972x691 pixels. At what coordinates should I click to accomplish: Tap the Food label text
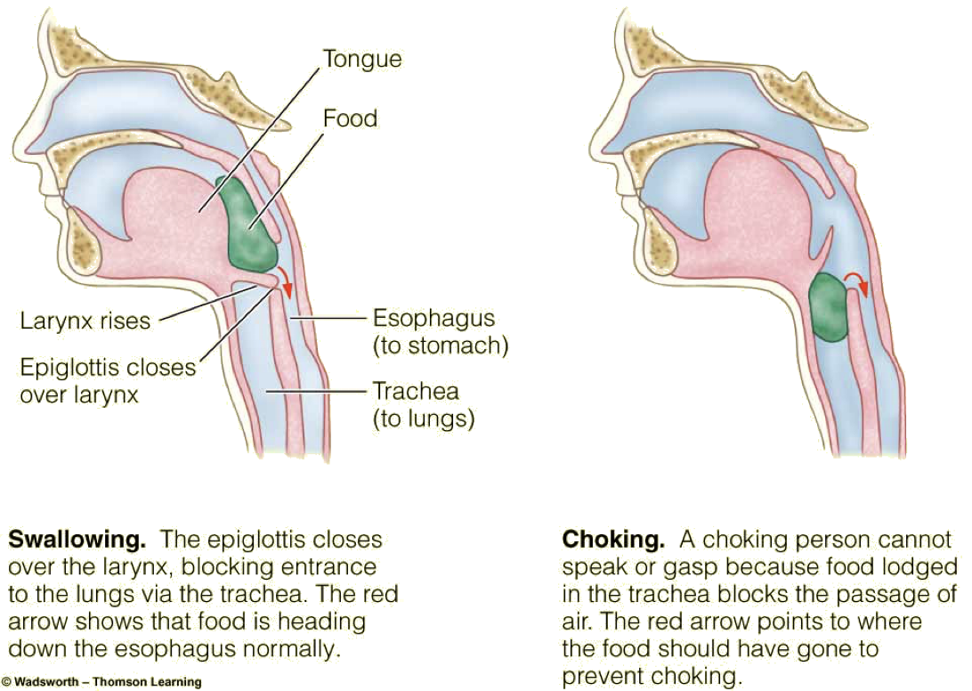352,118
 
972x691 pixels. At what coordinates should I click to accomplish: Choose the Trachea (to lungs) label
422,405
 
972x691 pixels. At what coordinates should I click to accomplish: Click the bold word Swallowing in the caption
76,541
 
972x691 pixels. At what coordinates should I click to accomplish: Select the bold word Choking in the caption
612,540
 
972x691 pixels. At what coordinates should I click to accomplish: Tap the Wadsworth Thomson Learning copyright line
101,682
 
